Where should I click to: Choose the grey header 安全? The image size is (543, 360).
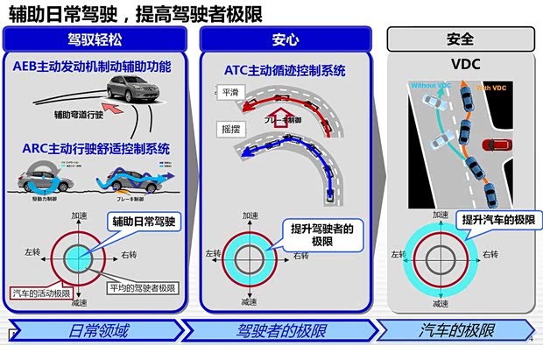point(460,39)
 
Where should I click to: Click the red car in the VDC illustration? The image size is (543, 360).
point(501,144)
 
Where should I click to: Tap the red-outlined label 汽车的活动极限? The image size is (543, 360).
point(41,293)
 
